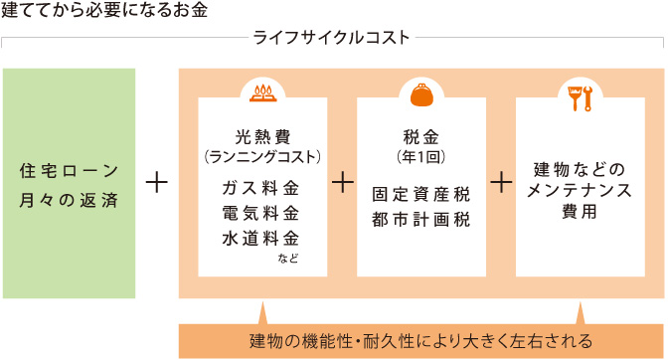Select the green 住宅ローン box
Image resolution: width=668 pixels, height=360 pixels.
70,183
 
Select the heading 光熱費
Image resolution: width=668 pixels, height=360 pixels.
261,137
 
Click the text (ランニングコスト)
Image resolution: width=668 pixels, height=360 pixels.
261,156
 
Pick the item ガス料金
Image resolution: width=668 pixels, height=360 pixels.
261,188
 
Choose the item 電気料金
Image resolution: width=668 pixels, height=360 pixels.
261,213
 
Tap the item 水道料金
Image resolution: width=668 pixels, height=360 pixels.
261,238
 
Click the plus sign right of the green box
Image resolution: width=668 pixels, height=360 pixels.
156,183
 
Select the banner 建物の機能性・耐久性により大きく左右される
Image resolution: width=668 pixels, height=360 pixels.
420,340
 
